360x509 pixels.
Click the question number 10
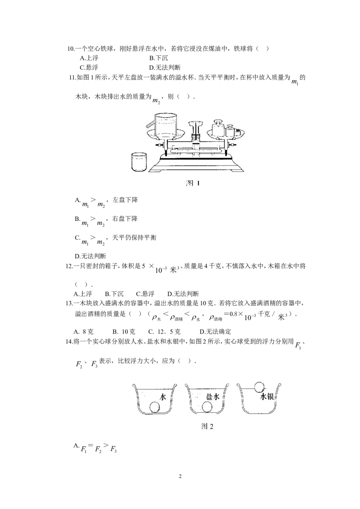click(x=71, y=49)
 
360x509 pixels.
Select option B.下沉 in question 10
click(x=159, y=58)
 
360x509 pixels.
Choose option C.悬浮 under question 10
click(x=89, y=67)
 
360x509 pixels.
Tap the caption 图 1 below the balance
click(x=193, y=183)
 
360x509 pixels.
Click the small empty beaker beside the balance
click(x=139, y=162)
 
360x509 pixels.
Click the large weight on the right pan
click(x=218, y=128)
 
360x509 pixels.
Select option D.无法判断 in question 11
click(x=90, y=256)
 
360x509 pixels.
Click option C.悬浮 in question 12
click(x=145, y=294)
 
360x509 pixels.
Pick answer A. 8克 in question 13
click(x=84, y=331)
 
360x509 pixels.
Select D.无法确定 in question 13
click(x=216, y=331)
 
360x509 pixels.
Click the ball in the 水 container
click(x=155, y=407)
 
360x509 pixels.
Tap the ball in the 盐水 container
click(x=207, y=407)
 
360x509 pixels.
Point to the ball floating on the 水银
click(x=259, y=387)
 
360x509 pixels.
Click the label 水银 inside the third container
click(x=267, y=396)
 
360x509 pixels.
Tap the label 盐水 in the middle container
click(x=213, y=396)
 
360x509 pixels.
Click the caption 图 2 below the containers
click(x=207, y=426)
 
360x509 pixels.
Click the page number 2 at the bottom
click(x=180, y=476)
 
